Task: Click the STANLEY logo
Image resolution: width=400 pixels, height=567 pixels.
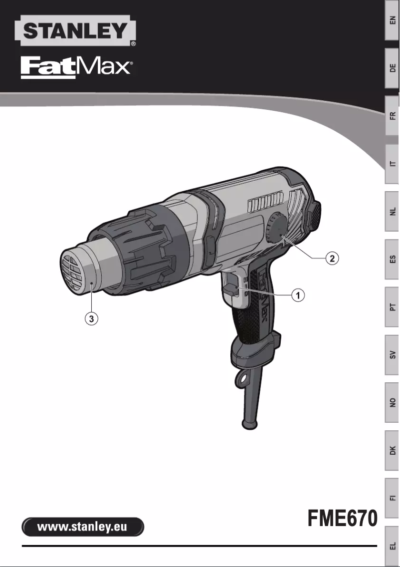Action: [x=75, y=31]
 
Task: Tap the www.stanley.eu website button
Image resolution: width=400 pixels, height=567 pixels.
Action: [x=83, y=527]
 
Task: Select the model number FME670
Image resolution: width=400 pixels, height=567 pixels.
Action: [x=342, y=518]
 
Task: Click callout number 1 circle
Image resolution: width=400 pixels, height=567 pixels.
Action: [x=298, y=295]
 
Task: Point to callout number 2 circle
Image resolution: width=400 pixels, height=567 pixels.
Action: [x=333, y=258]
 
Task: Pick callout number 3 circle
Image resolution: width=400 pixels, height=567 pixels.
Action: [x=91, y=318]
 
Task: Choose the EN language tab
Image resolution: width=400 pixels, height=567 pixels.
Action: [x=393, y=20]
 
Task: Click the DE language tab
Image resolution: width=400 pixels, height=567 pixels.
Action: [x=393, y=68]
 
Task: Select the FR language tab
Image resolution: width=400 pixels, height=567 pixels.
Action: [x=393, y=116]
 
